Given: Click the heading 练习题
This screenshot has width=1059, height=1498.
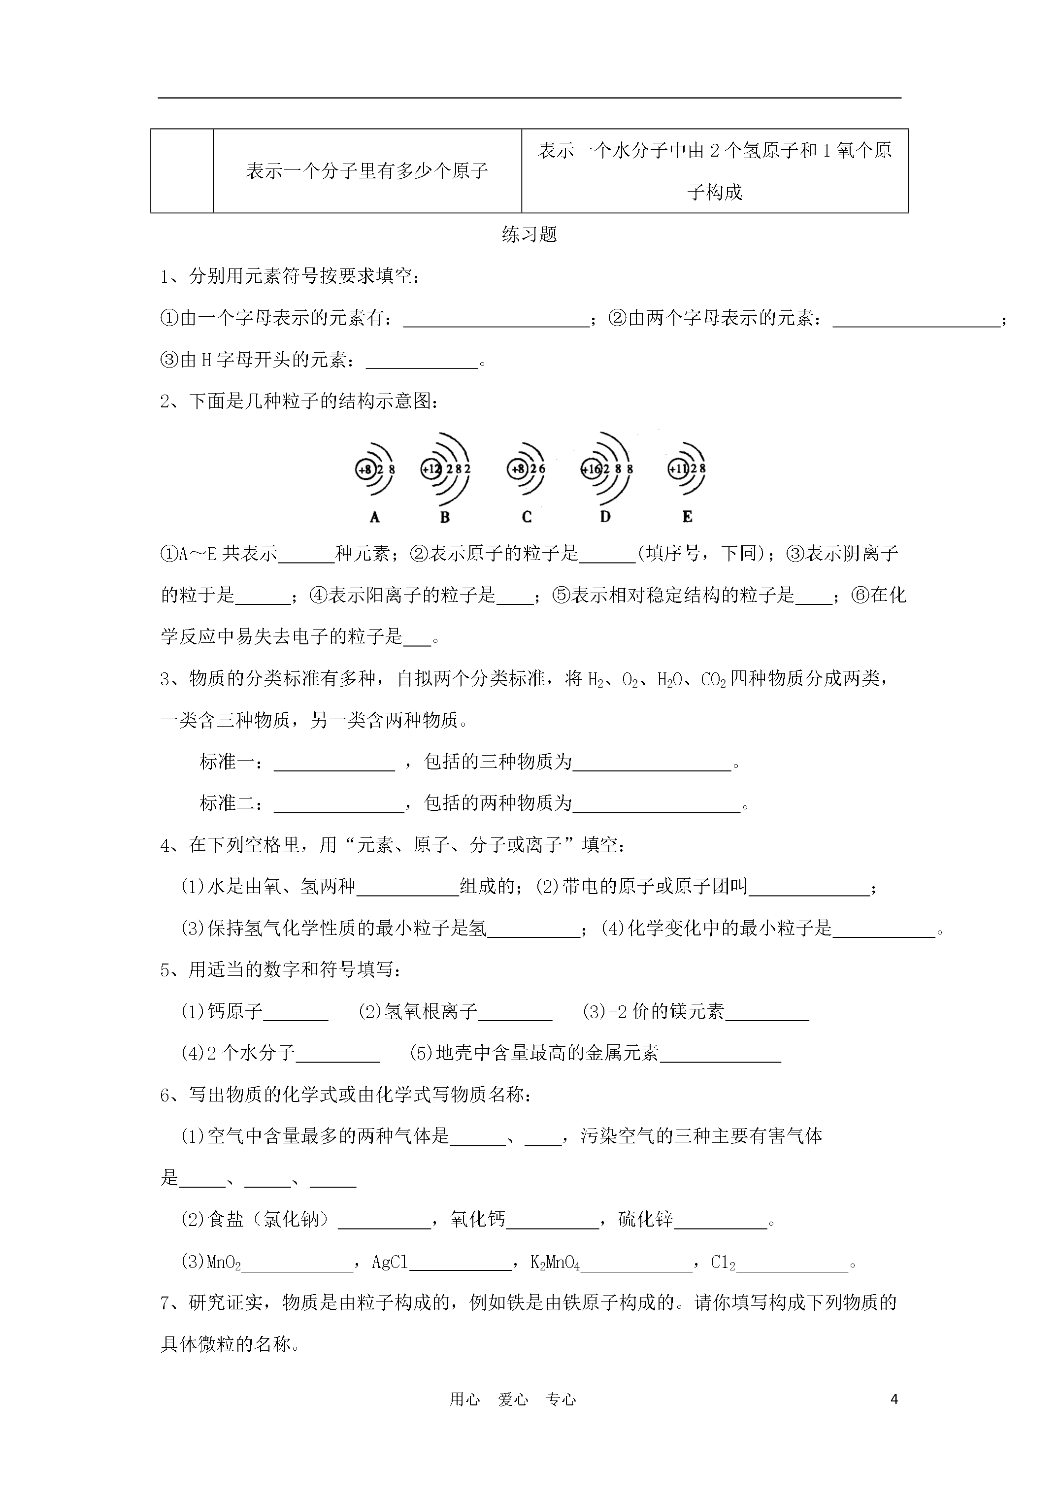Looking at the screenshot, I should pos(529,234).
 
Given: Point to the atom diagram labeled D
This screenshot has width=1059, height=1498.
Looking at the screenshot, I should pos(607,468).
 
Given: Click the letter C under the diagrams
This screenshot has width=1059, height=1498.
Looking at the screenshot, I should pos(527,517).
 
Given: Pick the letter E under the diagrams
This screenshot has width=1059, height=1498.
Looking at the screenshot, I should pos(687,517).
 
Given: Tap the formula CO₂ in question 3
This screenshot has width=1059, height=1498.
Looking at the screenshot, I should pos(713,680).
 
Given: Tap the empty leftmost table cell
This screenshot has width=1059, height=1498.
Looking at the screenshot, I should pos(182,171).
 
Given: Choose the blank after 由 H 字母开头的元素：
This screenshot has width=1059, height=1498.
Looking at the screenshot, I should pos(422,361).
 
